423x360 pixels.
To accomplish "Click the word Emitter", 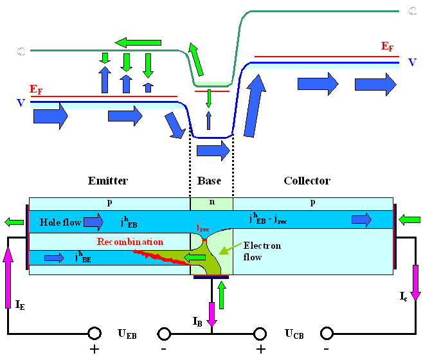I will (x=108, y=181).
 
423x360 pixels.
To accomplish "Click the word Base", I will (x=210, y=181).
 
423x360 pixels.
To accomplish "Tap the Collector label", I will (x=307, y=181).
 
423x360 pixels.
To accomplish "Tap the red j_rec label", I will (x=203, y=227).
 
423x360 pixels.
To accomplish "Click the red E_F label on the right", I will (x=387, y=46).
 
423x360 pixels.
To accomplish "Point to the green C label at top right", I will (x=412, y=10).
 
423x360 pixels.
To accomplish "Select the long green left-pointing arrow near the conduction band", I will (x=138, y=42).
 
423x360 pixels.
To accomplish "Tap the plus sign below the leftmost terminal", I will (x=94, y=350).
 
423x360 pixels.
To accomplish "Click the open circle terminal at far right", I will (x=327, y=334).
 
